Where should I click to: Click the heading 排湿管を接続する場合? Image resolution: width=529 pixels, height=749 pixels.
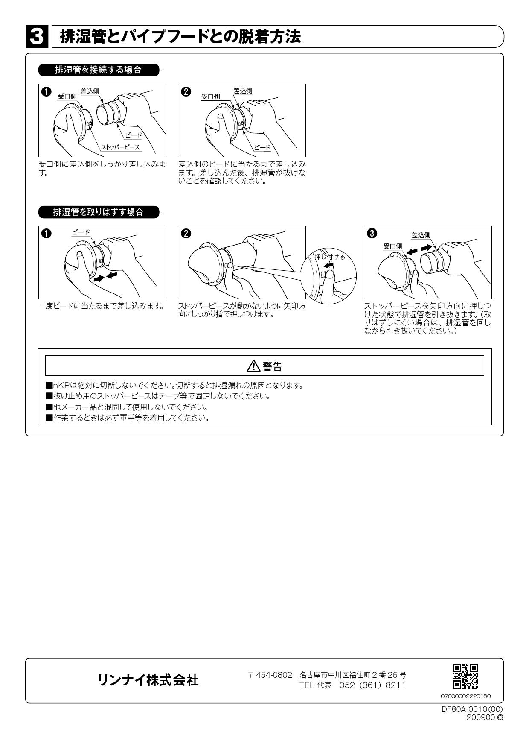point(98,70)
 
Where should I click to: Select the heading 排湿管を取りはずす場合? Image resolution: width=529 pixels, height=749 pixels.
point(98,212)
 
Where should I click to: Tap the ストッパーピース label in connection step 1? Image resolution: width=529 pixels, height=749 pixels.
point(120,147)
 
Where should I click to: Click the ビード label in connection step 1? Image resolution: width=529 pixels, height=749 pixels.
point(133,135)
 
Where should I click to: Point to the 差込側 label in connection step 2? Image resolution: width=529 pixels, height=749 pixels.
point(242,91)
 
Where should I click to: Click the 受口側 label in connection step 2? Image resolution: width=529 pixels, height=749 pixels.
point(210,97)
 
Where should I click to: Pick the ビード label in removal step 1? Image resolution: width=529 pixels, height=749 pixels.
point(81,232)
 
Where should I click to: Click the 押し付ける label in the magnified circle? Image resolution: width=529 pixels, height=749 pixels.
point(329,257)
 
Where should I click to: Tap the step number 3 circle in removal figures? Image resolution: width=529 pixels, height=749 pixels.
point(372,233)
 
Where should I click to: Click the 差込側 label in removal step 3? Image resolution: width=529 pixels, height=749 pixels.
point(421,235)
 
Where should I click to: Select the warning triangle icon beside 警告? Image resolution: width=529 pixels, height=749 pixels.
point(253,366)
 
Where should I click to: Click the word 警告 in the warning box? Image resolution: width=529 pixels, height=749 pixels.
point(272,366)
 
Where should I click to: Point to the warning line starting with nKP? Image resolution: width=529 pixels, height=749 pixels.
point(175,385)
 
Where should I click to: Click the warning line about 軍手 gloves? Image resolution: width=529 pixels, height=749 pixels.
point(128,418)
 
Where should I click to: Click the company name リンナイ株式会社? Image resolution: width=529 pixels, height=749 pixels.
point(148,680)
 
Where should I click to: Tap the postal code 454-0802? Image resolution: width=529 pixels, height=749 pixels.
point(274,675)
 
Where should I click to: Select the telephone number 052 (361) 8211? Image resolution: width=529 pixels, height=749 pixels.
point(372,685)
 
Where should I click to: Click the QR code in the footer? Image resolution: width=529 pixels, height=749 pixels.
point(465,676)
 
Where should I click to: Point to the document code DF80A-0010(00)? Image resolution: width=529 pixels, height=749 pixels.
point(472,708)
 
